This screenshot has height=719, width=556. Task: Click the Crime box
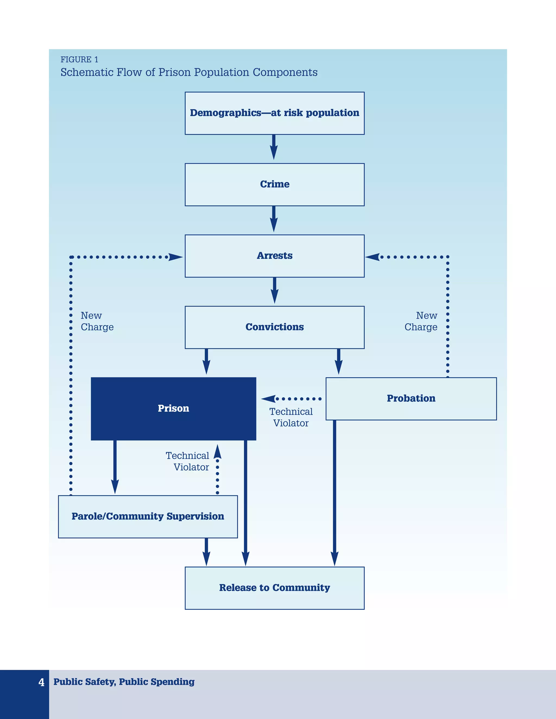coord(274,184)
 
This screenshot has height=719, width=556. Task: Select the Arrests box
coord(274,256)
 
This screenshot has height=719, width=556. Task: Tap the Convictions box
coord(274,327)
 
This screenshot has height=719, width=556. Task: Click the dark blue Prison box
coord(173,409)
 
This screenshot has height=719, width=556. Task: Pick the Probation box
coord(411,399)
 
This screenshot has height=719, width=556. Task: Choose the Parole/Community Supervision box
coord(148,517)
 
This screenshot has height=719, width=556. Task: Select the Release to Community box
coord(274,588)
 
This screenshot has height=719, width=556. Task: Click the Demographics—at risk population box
coord(274,113)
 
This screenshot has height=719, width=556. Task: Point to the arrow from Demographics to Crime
coord(274,148)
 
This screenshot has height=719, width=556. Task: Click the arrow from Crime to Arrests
coord(274,219)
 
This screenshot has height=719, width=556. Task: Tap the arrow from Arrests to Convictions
coord(274,291)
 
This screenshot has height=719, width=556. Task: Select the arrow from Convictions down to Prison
coord(207,362)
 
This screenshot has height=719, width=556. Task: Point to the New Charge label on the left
coord(97,321)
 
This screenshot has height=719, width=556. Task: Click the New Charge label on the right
coord(421,321)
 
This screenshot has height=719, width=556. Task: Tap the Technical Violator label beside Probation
coord(291,418)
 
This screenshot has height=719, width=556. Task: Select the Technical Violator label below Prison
coord(187,461)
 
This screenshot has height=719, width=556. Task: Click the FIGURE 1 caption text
coord(79,60)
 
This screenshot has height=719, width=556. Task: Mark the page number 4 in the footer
coord(41,682)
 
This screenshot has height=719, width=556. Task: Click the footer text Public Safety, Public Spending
coord(124,682)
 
